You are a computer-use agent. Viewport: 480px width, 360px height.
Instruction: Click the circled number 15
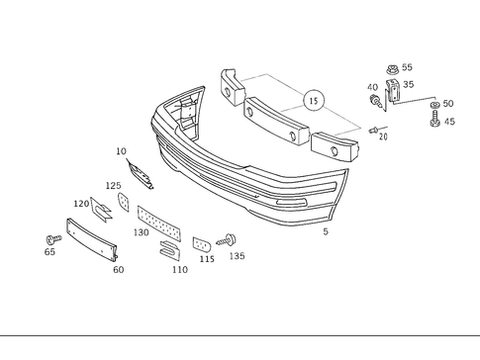point(313,101)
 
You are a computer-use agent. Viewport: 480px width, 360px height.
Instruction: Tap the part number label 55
point(408,67)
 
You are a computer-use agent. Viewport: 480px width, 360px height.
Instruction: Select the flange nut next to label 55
point(390,69)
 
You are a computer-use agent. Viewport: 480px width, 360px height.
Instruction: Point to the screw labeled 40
point(375,101)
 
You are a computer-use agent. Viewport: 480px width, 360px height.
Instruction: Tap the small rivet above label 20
point(374,130)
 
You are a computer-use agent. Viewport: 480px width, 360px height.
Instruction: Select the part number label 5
point(326,231)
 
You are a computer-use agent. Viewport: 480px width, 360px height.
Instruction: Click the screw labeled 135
point(233,238)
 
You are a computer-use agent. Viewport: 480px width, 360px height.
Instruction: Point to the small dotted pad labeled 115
point(200,243)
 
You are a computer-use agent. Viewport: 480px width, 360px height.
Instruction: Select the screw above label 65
point(49,239)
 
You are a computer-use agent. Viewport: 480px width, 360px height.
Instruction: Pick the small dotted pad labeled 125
point(124,201)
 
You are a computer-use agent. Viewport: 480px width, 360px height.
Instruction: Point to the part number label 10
point(121,151)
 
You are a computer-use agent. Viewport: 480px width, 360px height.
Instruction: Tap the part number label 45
point(449,123)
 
